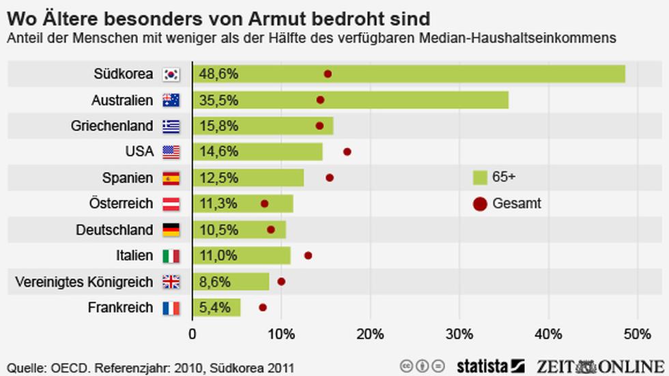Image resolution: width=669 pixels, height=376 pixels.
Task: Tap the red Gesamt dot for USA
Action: tap(347, 151)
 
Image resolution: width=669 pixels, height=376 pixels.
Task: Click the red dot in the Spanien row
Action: tap(330, 177)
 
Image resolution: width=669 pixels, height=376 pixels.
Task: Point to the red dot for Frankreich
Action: tap(263, 308)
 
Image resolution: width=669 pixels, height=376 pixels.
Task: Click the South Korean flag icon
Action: tap(171, 74)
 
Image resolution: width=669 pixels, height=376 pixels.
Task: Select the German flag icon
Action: tap(171, 230)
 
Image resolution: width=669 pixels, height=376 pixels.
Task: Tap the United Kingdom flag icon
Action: tap(171, 282)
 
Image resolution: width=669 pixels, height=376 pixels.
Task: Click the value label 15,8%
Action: tap(218, 126)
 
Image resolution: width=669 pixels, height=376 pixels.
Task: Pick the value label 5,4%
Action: tap(215, 308)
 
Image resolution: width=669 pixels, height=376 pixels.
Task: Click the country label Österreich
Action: tap(121, 203)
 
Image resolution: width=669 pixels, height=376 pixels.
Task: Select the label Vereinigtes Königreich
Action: tap(83, 281)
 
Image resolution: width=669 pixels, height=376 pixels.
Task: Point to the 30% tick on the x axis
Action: tap(459, 334)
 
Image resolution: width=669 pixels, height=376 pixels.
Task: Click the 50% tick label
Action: tap(637, 334)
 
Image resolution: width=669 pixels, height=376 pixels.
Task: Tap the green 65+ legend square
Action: tap(480, 177)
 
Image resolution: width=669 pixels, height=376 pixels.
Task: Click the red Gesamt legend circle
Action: tap(480, 203)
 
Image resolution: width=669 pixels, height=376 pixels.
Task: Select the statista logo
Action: tap(490, 365)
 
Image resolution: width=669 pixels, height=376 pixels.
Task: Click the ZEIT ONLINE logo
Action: tap(601, 365)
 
